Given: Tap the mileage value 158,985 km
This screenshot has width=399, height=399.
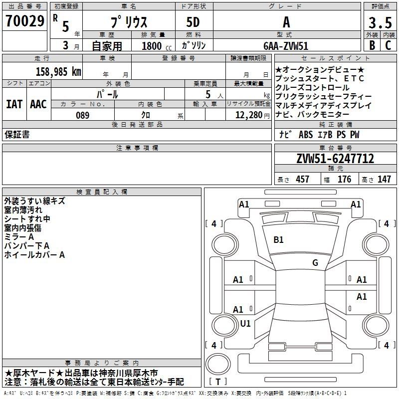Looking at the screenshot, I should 58,72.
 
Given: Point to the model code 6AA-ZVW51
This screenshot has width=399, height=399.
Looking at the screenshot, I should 286,45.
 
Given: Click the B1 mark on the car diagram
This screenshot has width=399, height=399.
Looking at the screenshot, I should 278,240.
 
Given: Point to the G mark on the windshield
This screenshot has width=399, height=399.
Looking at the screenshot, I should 315,263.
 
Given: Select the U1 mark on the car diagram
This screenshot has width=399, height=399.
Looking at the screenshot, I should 245,323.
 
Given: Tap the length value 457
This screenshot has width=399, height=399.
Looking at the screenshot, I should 302,180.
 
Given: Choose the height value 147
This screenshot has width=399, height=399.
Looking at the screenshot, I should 384,180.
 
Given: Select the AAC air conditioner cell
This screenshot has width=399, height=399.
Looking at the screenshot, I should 38,104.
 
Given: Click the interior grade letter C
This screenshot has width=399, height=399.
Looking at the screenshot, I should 388,45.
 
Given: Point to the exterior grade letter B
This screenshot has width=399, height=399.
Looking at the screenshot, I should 372,45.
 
